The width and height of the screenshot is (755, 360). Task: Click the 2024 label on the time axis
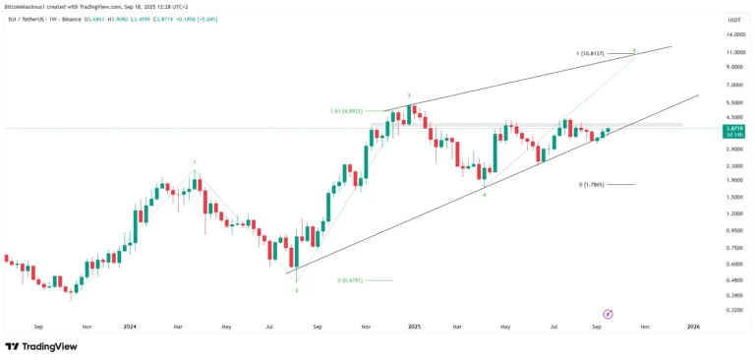point(130,326)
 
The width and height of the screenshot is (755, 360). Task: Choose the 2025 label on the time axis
point(414,326)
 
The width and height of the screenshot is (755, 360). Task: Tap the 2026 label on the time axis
point(693,326)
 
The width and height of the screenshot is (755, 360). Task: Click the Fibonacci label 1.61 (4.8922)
point(349,111)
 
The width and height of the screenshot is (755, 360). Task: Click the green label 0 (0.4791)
point(351,280)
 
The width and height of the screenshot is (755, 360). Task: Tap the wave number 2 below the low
point(297,290)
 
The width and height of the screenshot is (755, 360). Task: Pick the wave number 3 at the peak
point(410,96)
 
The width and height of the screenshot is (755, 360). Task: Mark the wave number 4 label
point(484,195)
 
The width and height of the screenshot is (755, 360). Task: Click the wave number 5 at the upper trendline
point(634,49)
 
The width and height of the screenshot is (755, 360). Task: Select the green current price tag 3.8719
point(733,129)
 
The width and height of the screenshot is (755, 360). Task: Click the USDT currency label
point(733,20)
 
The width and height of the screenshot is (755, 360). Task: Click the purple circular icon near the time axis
point(608,313)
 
